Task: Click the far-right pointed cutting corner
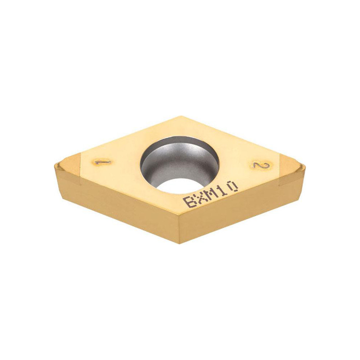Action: tap(305, 166)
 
